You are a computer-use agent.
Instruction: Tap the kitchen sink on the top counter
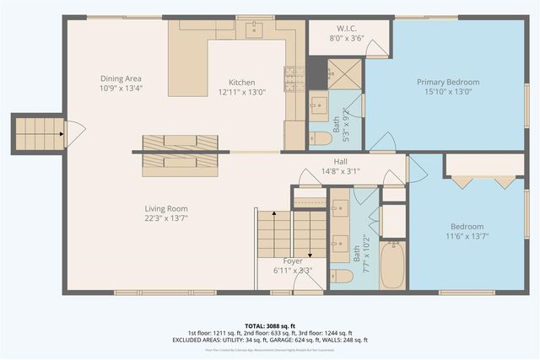coord(254,30)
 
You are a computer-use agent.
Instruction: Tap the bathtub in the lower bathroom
coord(392,266)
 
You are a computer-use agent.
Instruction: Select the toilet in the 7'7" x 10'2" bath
coord(342,277)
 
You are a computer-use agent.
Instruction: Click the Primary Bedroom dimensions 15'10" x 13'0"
coord(448,93)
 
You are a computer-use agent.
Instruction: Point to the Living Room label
coord(165,208)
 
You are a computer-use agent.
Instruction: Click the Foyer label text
coord(293,261)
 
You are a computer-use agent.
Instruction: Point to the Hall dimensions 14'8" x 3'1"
coord(340,170)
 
